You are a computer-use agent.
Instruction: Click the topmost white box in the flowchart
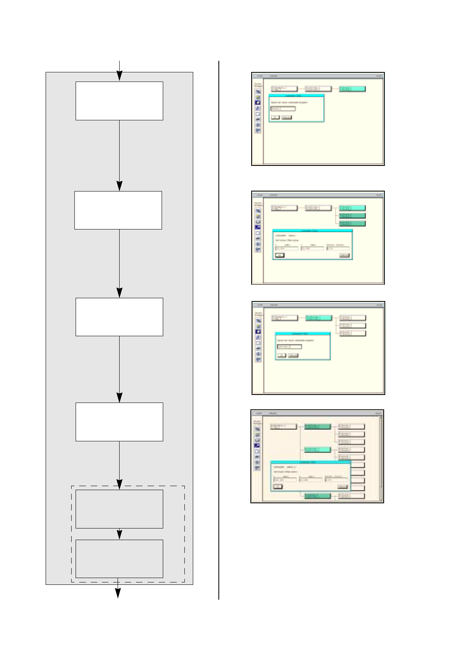coord(119,101)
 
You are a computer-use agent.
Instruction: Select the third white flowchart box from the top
coord(119,317)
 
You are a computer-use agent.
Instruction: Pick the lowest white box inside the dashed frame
coord(119,558)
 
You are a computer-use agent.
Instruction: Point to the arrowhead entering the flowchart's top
coord(119,76)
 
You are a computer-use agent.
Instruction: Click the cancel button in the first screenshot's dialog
coord(286,117)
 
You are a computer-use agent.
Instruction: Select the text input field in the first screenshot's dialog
coord(283,108)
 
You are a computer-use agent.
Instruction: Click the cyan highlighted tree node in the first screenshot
coord(352,89)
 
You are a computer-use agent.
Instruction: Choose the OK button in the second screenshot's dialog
coord(280,255)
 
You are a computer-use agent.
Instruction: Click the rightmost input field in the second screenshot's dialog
coord(338,248)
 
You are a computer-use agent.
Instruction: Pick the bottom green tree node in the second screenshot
coord(352,223)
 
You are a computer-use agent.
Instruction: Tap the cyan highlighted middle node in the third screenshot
coord(318,318)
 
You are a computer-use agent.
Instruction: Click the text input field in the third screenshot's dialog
coord(289,347)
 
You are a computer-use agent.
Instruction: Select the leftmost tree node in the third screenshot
coord(284,318)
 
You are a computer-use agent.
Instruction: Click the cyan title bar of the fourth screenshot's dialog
coord(310,462)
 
